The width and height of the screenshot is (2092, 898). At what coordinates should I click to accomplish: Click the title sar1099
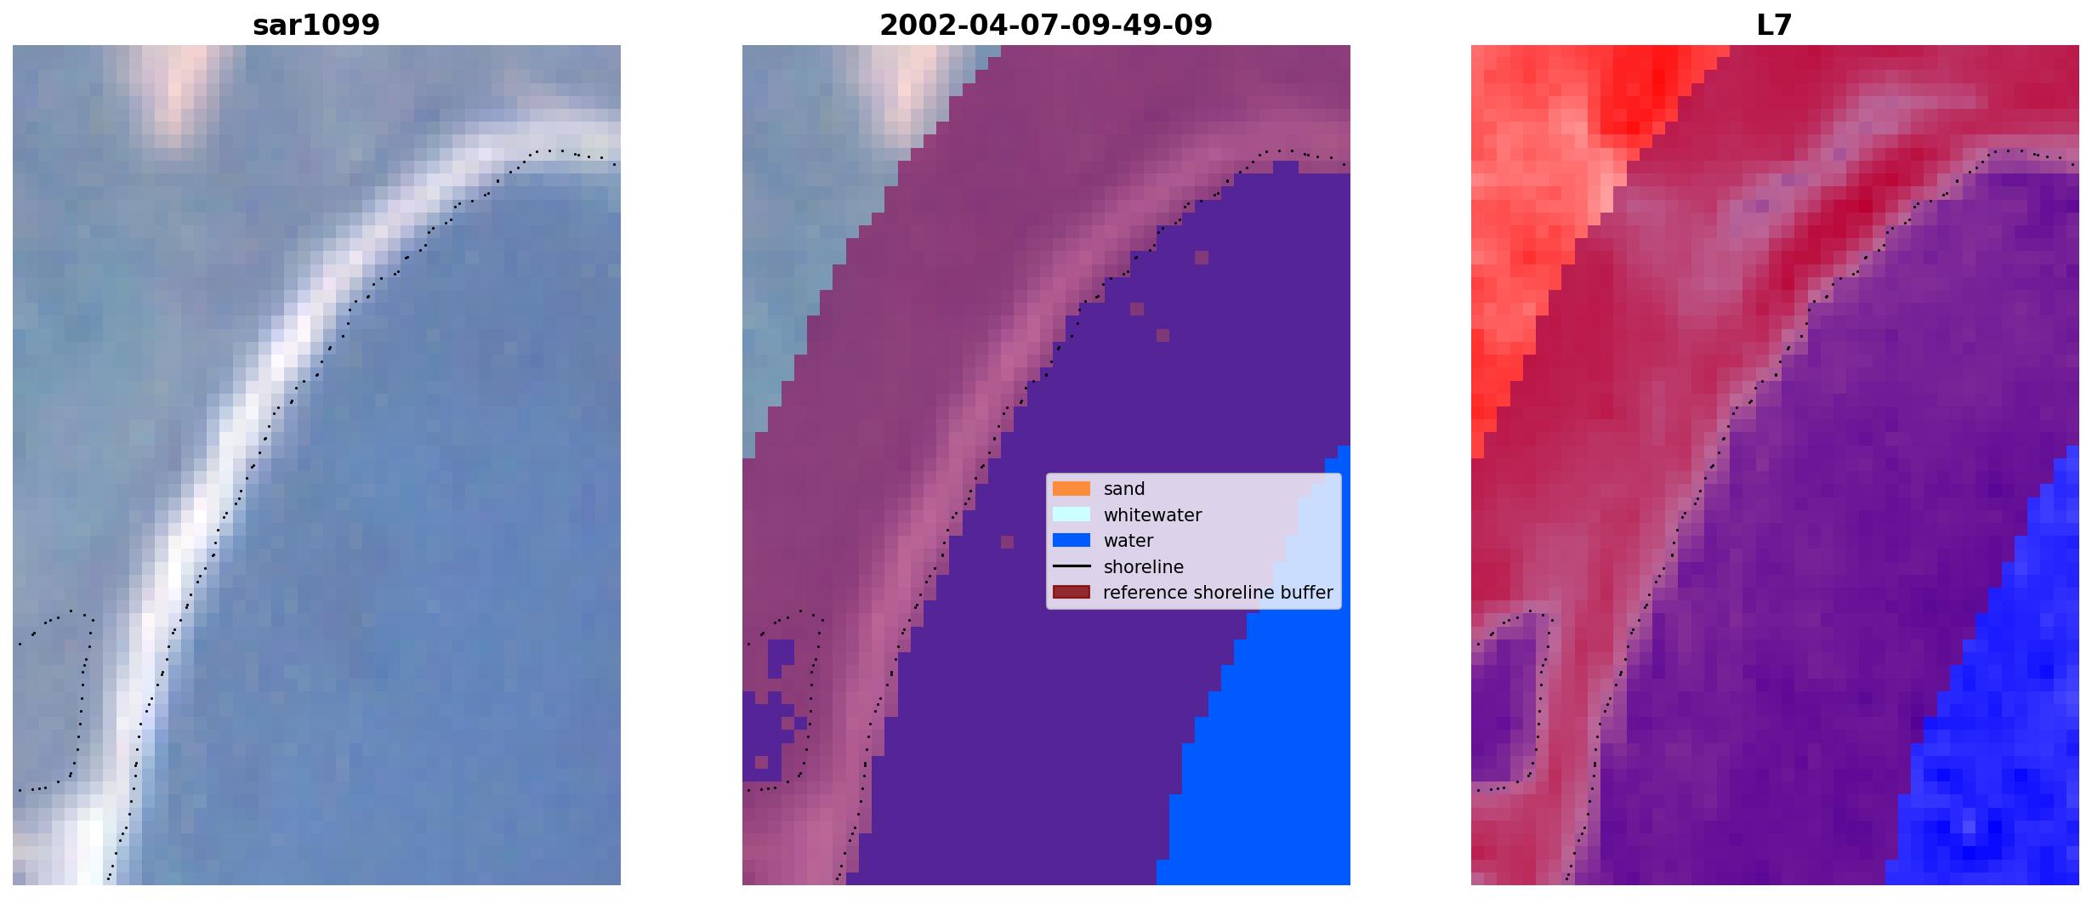pos(316,26)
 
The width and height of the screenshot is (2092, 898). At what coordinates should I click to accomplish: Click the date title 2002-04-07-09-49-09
pos(1046,26)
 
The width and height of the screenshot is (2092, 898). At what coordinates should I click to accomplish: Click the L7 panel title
pos(1775,26)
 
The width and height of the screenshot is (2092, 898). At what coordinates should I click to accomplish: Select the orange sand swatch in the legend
pos(1072,489)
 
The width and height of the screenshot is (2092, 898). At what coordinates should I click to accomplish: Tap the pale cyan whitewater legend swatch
pos(1072,514)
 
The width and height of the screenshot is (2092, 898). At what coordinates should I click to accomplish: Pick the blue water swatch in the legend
pos(1072,541)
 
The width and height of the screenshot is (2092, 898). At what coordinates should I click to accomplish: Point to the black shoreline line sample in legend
pos(1072,566)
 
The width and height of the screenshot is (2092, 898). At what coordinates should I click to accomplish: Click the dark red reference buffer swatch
pos(1072,593)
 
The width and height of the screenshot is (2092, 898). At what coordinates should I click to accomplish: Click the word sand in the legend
pos(1124,489)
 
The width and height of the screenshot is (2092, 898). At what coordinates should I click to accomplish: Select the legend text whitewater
pos(1152,515)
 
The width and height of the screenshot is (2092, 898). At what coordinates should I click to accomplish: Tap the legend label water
pos(1128,541)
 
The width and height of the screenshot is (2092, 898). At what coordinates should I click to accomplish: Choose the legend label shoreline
pos(1144,567)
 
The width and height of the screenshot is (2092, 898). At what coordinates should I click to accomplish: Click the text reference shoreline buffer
pos(1218,593)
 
